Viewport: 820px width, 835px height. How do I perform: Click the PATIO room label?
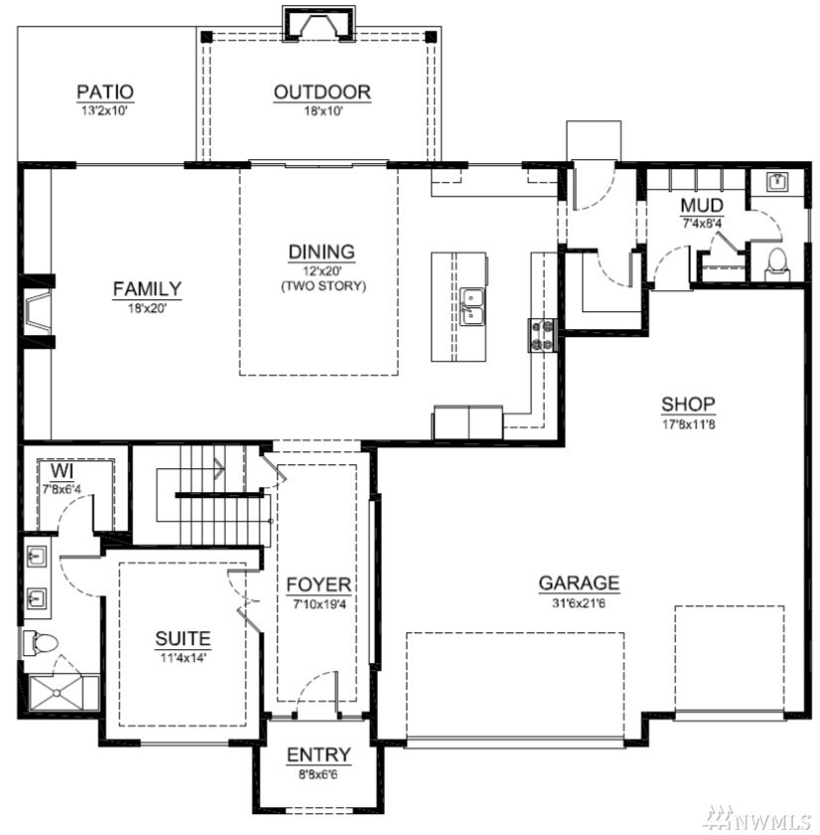coord(105,91)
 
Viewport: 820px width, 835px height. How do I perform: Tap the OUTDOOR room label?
coord(322,92)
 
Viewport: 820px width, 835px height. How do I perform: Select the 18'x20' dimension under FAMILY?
coord(147,308)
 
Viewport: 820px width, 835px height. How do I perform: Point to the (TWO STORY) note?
coord(323,286)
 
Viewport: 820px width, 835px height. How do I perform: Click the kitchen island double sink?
coord(472,307)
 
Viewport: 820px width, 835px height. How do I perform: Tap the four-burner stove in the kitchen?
coord(542,335)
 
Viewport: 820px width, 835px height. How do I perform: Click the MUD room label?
coord(702,206)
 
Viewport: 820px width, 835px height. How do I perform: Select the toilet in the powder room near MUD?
coord(777,263)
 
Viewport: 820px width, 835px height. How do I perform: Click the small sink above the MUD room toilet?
coord(777,181)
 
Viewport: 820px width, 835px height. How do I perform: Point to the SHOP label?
coord(688,405)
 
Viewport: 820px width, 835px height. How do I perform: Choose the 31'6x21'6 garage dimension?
coord(578,603)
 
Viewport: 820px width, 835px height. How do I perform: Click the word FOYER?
coord(318,584)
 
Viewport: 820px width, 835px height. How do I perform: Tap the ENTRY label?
coord(318,754)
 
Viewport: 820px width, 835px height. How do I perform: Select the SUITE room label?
coord(183,638)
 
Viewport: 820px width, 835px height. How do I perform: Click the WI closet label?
coord(63,471)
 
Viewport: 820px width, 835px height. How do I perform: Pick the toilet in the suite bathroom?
coord(40,643)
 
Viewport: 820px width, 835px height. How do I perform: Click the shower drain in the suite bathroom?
coord(57,693)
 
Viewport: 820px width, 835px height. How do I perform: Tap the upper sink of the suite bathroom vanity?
coord(36,557)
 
